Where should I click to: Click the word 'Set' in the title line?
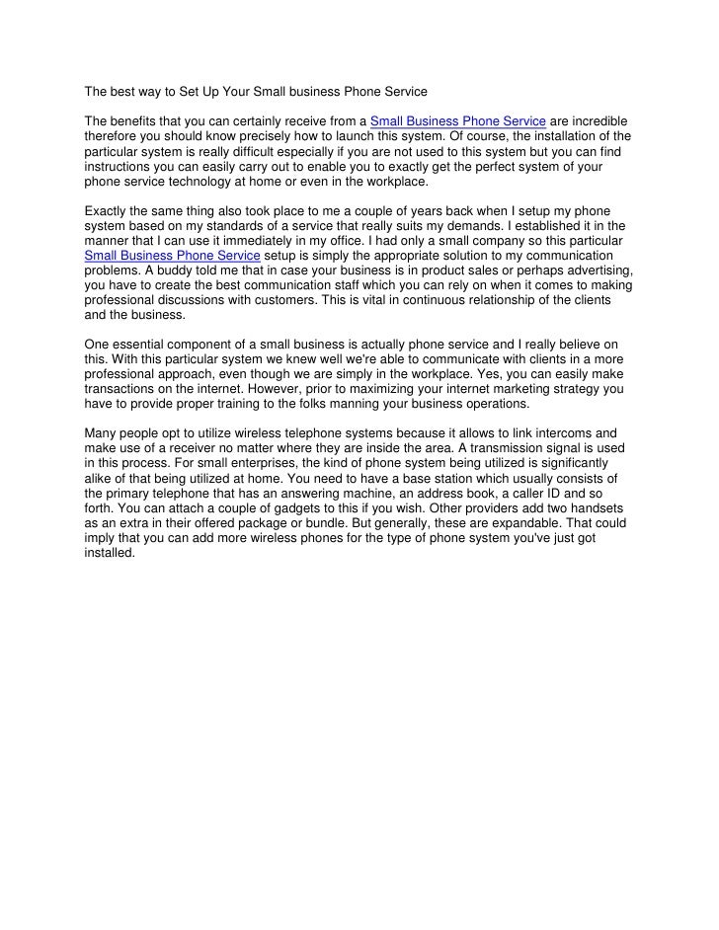pyautogui.click(x=193, y=93)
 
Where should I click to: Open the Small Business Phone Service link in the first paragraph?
pyautogui.click(x=458, y=121)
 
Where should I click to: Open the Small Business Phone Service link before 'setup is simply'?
pyautogui.click(x=173, y=255)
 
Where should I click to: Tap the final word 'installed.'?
pyautogui.click(x=110, y=553)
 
